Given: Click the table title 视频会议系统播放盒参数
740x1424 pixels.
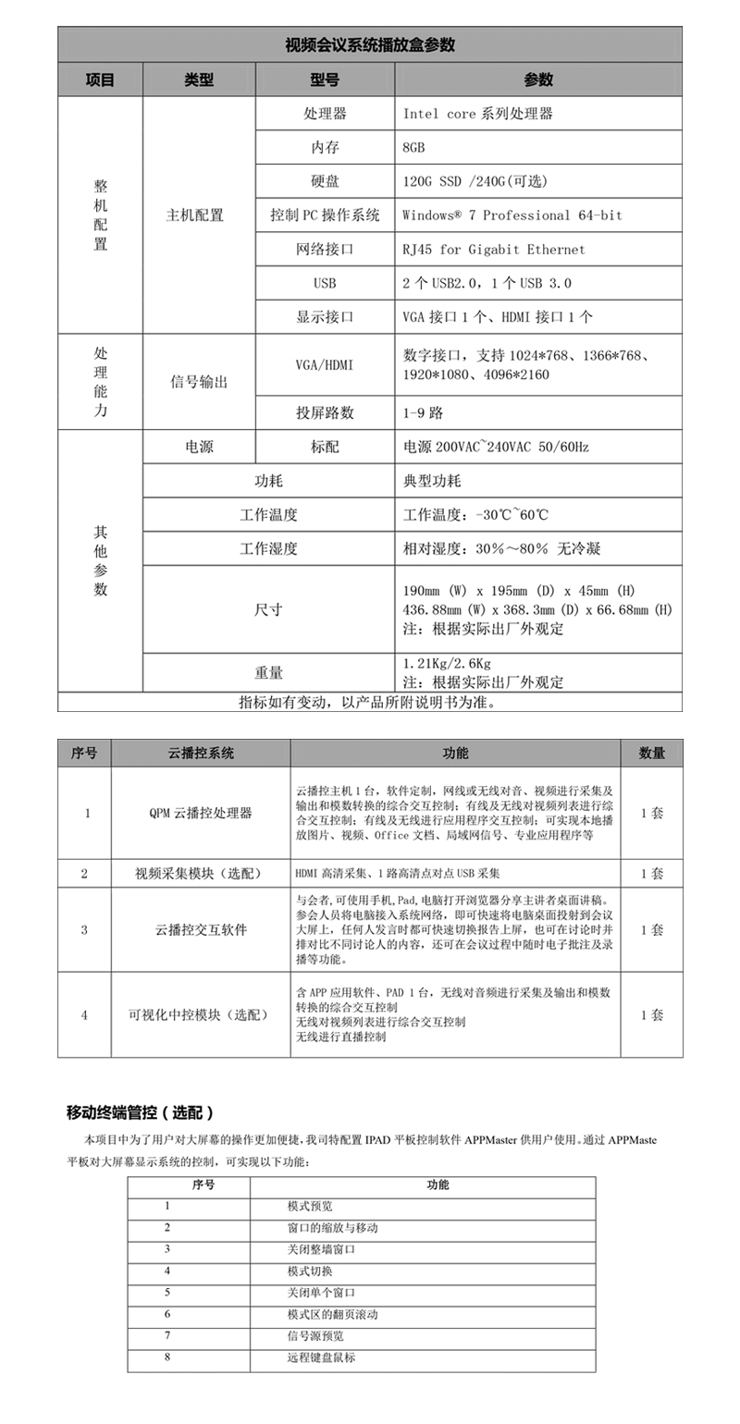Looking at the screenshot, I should pyautogui.click(x=370, y=44).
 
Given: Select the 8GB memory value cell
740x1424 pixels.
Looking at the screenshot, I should pyautogui.click(x=414, y=147).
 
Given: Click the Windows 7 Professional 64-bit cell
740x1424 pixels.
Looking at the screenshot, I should pyautogui.click(x=512, y=215).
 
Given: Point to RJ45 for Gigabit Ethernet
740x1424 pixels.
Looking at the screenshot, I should pyautogui.click(x=494, y=250).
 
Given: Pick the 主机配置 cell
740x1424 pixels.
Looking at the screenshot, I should pyautogui.click(x=194, y=215).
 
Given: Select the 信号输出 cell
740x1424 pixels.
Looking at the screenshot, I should pyautogui.click(x=198, y=382).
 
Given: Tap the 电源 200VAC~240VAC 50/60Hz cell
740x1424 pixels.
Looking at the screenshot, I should pyautogui.click(x=496, y=447).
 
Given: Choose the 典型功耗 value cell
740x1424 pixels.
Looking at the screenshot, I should pyautogui.click(x=432, y=481).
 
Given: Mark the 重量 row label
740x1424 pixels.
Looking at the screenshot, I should pyautogui.click(x=268, y=672).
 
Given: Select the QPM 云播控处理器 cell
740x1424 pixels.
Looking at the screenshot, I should pyautogui.click(x=201, y=814).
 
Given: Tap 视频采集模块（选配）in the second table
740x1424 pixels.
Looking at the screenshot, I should pyautogui.click(x=201, y=874).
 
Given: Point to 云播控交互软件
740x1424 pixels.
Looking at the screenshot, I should pyautogui.click(x=201, y=929).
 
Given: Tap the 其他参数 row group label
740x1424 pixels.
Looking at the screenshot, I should pyautogui.click(x=100, y=560).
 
